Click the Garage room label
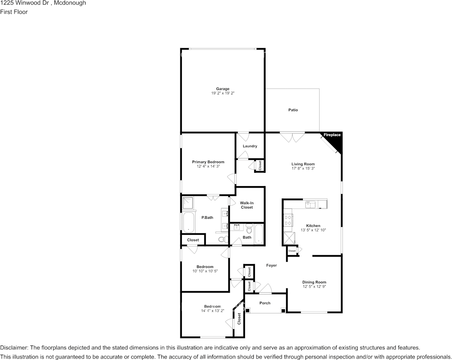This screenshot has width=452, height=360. click(223, 89)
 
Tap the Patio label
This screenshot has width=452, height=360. click(293, 110)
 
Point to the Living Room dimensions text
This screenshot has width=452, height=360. click(303, 168)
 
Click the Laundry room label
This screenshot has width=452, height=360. click(250, 146)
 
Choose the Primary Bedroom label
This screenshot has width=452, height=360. click(208, 162)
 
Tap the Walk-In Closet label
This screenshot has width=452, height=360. click(247, 205)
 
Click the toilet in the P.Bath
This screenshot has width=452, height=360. click(222, 239)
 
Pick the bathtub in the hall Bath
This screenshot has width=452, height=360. click(259, 234)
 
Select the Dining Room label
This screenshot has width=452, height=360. click(314, 282)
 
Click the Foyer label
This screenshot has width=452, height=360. click(271, 265)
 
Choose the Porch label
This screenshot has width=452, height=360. click(265, 303)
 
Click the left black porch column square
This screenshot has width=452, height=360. click(247, 311)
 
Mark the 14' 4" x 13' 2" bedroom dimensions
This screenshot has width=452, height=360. click(213, 311)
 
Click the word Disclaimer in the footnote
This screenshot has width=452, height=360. click(14, 348)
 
